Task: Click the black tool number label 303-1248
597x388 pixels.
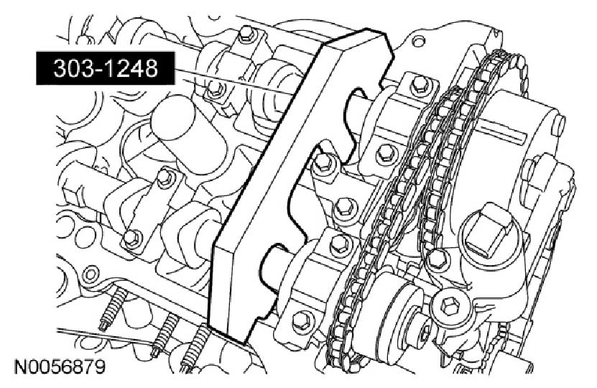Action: [x=106, y=68]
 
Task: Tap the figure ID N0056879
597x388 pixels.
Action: [x=59, y=368]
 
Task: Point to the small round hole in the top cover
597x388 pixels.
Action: [x=418, y=40]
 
